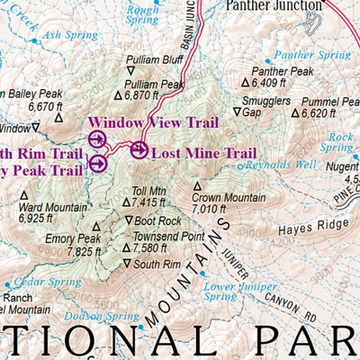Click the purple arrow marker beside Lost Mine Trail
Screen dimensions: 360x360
click(x=139, y=150)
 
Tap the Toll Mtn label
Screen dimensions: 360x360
click(x=149, y=191)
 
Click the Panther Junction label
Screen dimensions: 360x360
click(x=273, y=5)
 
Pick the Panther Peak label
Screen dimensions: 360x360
click(x=282, y=70)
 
